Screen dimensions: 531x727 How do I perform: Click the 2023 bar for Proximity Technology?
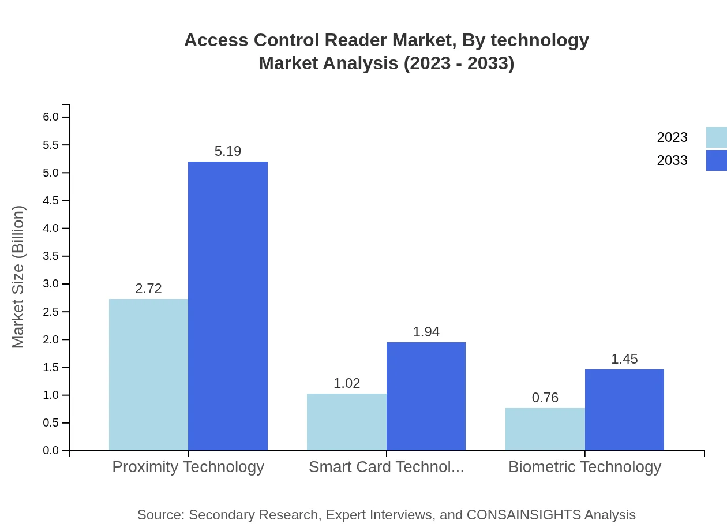tap(148, 375)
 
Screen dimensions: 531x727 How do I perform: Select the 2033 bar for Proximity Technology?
tap(228, 306)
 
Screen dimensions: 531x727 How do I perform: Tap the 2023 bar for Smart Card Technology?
tap(347, 422)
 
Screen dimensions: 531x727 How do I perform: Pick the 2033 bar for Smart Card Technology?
tap(426, 396)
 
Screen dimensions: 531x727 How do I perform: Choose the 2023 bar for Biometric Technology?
tap(545, 429)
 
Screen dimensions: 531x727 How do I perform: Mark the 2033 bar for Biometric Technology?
tap(624, 410)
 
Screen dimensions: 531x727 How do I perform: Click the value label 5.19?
tap(228, 151)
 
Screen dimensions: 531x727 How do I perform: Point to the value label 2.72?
tap(148, 289)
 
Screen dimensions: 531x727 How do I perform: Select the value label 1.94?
tap(426, 332)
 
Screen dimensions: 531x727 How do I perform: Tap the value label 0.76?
tap(545, 398)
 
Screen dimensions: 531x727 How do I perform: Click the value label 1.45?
tap(624, 359)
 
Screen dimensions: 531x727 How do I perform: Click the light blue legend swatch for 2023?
tap(716, 137)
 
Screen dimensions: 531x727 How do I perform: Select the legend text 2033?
tap(672, 160)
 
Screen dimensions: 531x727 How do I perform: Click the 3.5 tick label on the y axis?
tap(51, 256)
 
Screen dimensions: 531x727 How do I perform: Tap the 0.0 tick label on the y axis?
tap(51, 451)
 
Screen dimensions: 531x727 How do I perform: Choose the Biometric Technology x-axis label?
tap(584, 467)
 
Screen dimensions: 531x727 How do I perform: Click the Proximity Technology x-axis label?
tap(188, 467)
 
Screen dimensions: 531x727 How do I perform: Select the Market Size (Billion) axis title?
tap(18, 277)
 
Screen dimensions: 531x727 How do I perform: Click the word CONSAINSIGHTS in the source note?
tap(523, 515)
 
